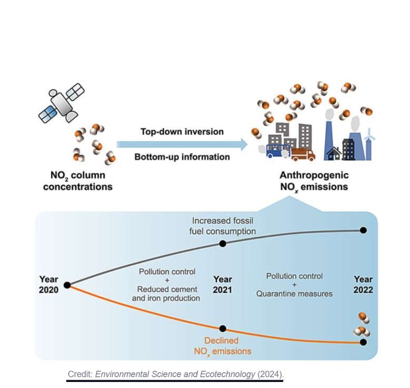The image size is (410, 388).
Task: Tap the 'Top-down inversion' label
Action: [x=182, y=132]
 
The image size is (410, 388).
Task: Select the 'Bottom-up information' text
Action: [x=182, y=157]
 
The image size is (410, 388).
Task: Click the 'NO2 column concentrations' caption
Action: [x=78, y=181]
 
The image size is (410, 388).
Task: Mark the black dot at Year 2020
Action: [x=67, y=285]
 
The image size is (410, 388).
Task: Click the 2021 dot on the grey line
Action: [x=223, y=243]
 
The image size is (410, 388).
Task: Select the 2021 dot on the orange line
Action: [x=223, y=329]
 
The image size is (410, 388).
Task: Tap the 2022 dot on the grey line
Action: [x=363, y=230]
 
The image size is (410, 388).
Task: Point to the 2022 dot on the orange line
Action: [x=363, y=342]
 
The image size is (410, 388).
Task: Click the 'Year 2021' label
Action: [x=223, y=284]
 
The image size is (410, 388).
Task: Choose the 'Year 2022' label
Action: [x=363, y=284]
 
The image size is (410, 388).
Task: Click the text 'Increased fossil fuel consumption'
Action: [x=223, y=226]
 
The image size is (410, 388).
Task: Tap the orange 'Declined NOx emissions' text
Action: [x=223, y=346]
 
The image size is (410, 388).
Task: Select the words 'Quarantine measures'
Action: [x=294, y=294]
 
